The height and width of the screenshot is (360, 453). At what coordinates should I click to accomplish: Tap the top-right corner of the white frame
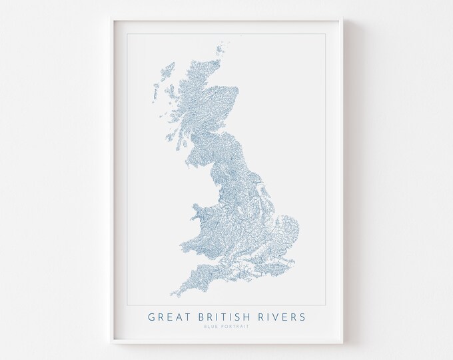342,20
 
